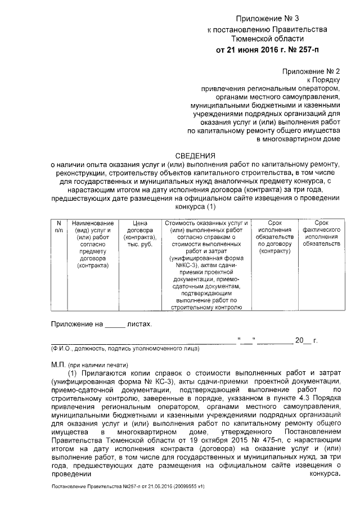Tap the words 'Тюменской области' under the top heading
tap(268, 39)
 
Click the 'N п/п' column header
tap(58, 227)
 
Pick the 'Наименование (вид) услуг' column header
tap(94, 245)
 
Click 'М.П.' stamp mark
tap(59, 364)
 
